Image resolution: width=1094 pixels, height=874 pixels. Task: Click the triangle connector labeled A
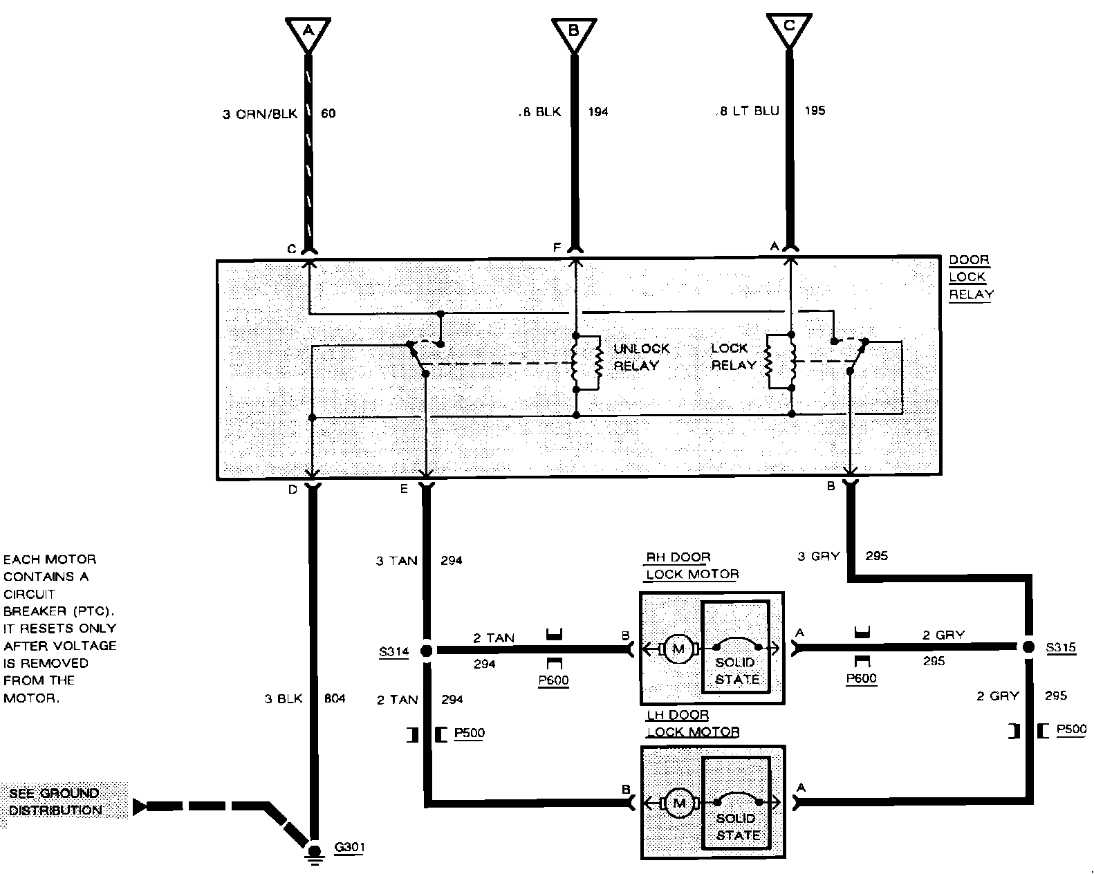pyautogui.click(x=308, y=32)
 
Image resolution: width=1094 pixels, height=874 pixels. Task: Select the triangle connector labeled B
pyautogui.click(x=573, y=32)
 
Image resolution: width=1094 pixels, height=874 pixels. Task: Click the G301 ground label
pyautogui.click(x=349, y=848)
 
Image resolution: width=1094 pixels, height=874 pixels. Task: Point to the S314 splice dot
pyautogui.click(x=426, y=650)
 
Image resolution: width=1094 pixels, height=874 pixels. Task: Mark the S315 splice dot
pyautogui.click(x=1028, y=647)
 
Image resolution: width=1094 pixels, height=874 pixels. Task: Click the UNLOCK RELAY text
pyautogui.click(x=641, y=357)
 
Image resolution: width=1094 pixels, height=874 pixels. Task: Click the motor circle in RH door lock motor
pyautogui.click(x=678, y=649)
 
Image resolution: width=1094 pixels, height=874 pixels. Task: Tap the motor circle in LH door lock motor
pyautogui.click(x=678, y=803)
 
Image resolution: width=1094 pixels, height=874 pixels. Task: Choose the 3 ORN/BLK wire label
pyautogui.click(x=259, y=113)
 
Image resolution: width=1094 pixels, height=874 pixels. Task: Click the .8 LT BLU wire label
pyautogui.click(x=748, y=111)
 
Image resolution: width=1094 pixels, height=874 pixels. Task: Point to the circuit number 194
pyautogui.click(x=598, y=111)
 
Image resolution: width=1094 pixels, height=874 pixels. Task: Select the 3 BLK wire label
pyautogui.click(x=284, y=698)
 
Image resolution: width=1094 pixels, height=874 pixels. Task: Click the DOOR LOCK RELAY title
pyautogui.click(x=970, y=277)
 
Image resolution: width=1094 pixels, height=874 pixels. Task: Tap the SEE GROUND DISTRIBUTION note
pyautogui.click(x=55, y=801)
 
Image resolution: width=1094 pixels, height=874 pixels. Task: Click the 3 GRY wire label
pyautogui.click(x=818, y=556)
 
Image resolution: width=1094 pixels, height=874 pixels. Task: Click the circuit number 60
pyautogui.click(x=328, y=113)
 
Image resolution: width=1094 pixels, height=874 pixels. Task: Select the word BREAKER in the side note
pyautogui.click(x=34, y=611)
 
